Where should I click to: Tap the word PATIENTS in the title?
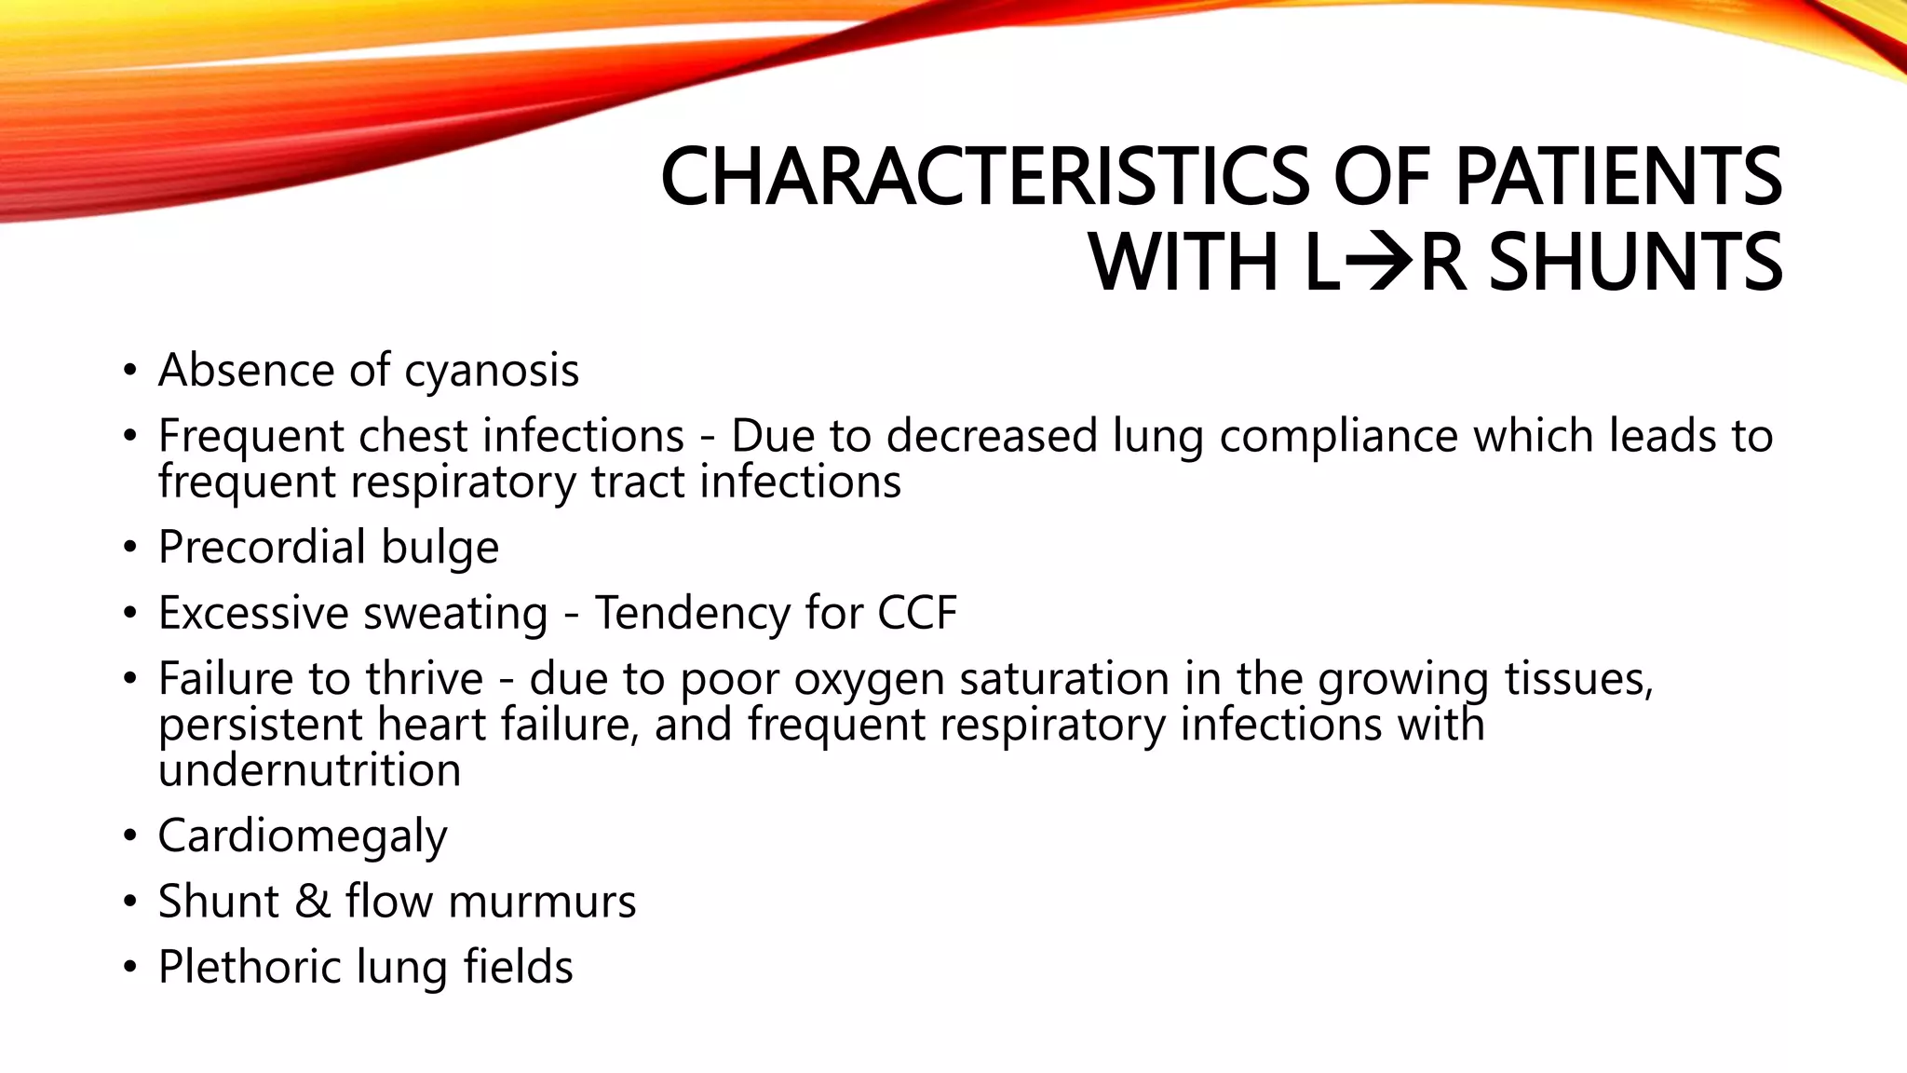coord(1618,177)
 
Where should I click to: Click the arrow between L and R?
coord(1381,263)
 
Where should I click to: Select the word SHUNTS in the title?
coord(1636,263)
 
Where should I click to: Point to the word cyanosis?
coord(492,372)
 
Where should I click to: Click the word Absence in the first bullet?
coord(245,370)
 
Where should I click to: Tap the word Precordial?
coord(262,547)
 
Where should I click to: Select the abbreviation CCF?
coord(916,613)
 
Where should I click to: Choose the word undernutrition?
coord(309,770)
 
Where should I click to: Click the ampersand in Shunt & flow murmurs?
coord(313,902)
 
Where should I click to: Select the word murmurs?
coord(542,902)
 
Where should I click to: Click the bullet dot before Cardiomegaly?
coord(130,836)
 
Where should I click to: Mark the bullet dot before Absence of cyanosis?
coord(130,371)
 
